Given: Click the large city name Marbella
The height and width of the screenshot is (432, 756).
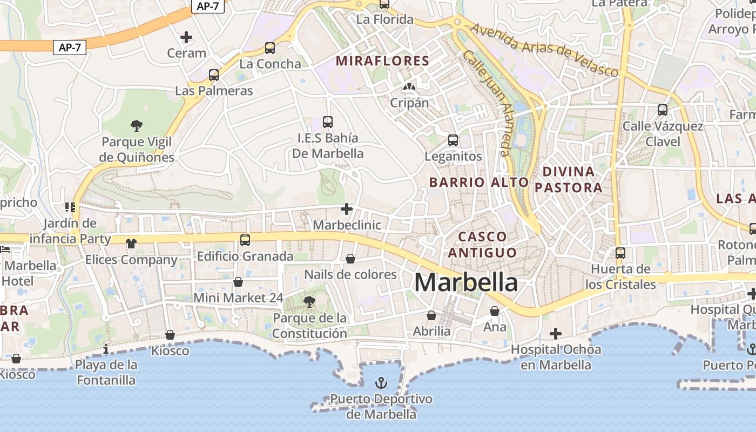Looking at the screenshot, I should (x=466, y=282).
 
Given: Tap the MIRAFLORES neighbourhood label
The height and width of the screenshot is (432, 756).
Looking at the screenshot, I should (x=382, y=61).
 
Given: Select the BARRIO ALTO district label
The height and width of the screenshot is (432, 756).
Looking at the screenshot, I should (x=478, y=183).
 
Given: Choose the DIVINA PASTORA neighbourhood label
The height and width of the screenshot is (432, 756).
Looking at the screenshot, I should (x=568, y=180).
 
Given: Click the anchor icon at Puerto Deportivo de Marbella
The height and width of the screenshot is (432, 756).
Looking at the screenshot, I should (x=381, y=383).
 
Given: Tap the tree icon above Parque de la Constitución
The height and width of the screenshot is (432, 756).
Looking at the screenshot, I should (x=309, y=301).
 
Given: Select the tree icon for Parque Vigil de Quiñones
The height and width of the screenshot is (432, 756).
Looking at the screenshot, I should (x=137, y=126).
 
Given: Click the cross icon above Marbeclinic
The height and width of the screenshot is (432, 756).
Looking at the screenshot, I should (x=347, y=209).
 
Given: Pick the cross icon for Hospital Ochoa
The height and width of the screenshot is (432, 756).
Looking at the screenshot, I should (x=556, y=333).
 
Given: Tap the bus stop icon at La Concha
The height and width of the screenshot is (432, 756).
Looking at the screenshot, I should (x=270, y=48).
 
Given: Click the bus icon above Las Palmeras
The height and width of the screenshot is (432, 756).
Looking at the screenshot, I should (x=214, y=75).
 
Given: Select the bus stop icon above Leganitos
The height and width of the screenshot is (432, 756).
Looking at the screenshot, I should (x=453, y=140).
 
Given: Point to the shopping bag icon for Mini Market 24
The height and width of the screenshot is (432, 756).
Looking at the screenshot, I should (x=238, y=282).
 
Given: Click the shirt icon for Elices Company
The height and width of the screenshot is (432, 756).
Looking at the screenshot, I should (x=131, y=244).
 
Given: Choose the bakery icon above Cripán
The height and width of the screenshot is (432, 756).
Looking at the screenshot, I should (x=409, y=86).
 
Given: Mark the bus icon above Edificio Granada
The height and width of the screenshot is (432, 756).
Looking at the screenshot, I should (x=245, y=240).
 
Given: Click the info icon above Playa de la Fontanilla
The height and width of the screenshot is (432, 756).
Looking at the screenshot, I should (x=106, y=349).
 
